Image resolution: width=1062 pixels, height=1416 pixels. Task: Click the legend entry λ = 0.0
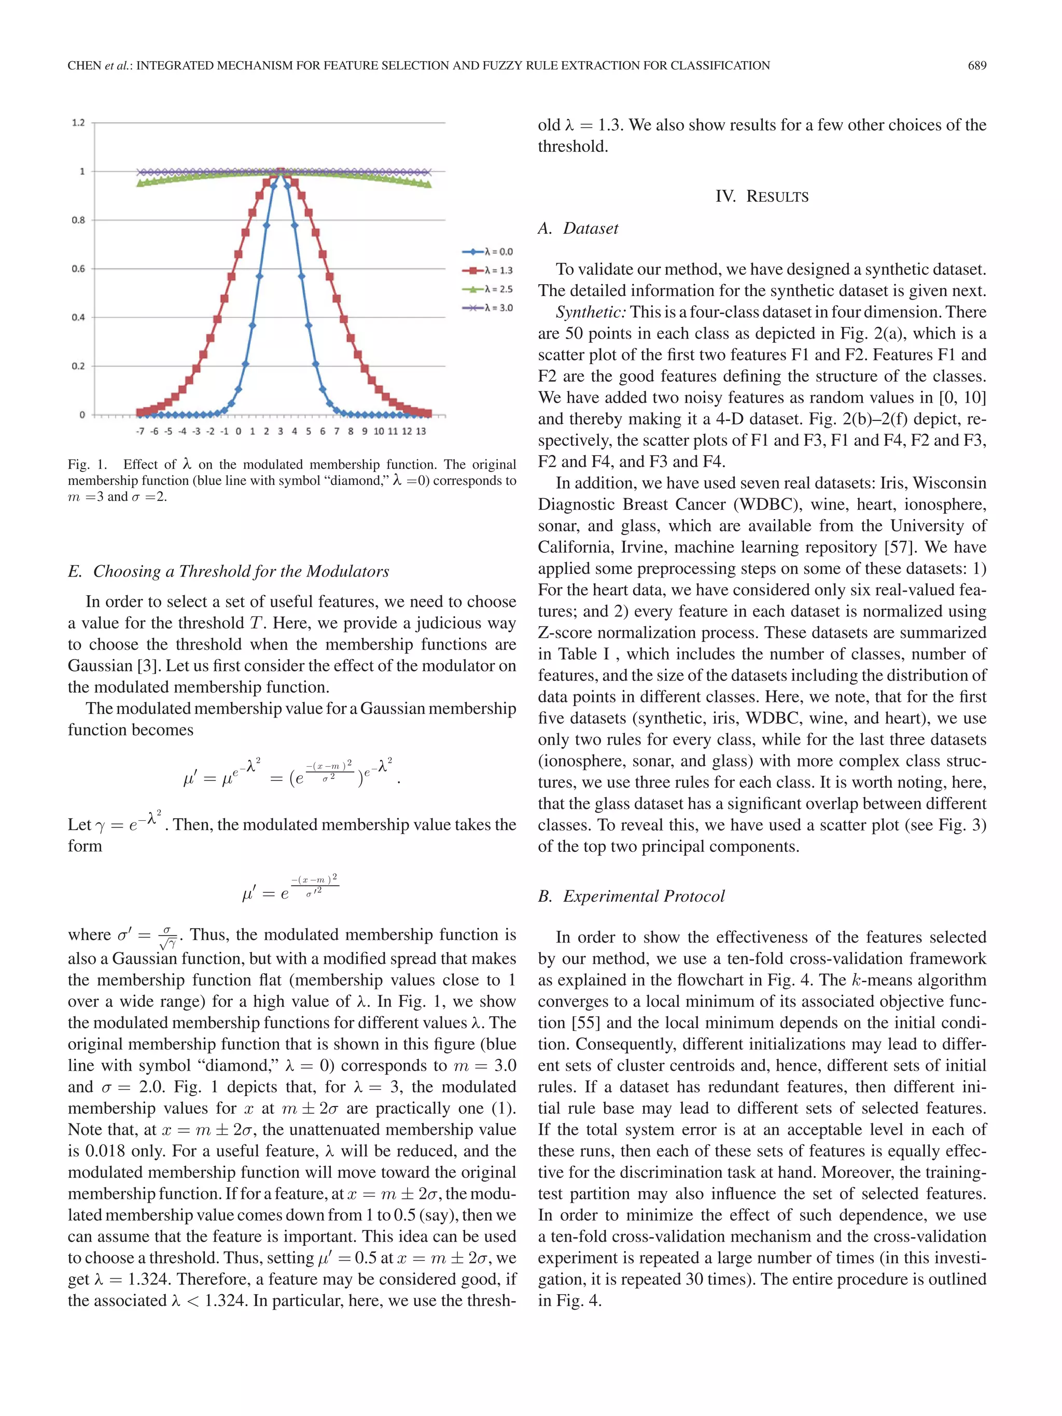497,251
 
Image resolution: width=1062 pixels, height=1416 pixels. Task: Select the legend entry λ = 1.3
497,270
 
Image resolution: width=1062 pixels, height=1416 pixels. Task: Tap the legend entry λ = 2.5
497,289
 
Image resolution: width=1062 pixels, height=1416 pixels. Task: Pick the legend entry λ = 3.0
497,308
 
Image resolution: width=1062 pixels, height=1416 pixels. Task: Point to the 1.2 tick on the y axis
78,122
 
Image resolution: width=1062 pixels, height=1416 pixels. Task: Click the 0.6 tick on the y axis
78,269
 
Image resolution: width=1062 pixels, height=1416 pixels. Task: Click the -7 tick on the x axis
140,431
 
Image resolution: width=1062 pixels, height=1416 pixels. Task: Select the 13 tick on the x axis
421,431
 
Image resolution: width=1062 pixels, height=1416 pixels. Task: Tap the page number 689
977,65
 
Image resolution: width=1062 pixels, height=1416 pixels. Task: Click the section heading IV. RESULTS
762,197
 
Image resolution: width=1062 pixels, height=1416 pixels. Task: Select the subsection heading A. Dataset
578,229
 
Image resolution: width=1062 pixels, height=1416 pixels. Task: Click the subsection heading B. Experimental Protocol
631,896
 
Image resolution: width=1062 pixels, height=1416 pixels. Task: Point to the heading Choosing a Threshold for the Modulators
241,572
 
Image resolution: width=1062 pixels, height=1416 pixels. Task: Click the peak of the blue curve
281,172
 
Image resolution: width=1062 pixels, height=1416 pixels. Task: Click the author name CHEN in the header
85,65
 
